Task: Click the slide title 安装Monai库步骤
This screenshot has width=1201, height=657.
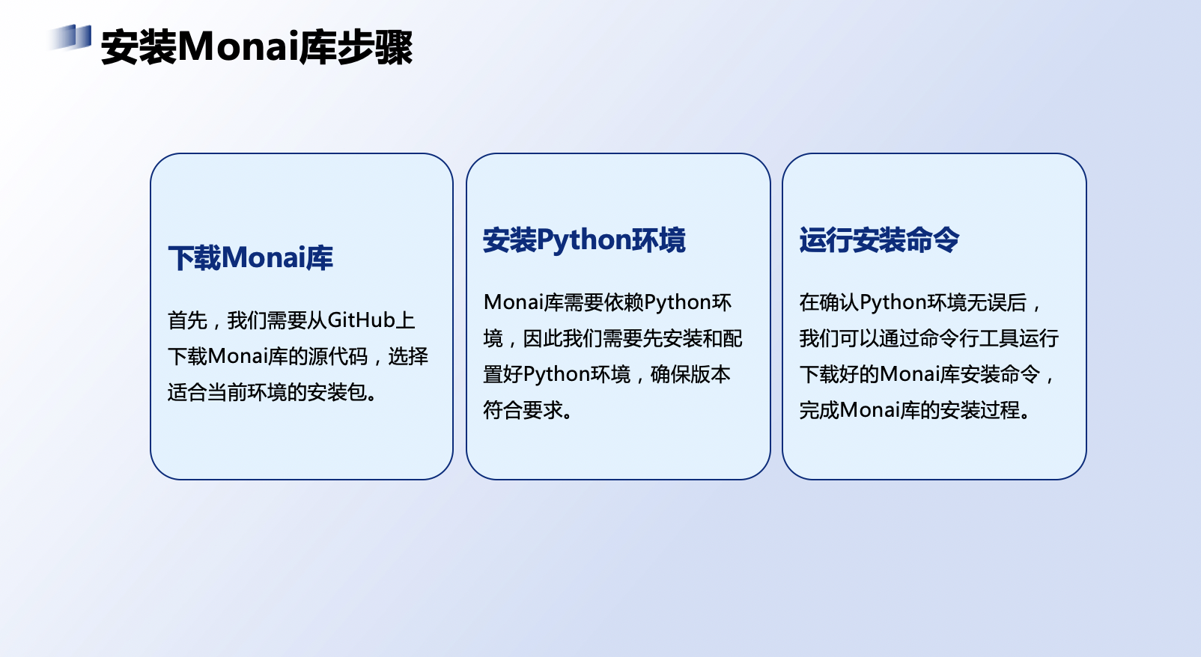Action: coord(257,47)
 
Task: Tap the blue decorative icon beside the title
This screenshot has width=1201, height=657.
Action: coord(71,37)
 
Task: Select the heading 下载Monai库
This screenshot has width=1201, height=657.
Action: coord(250,258)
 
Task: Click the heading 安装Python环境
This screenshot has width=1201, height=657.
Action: coord(583,240)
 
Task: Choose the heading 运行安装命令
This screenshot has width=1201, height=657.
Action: coord(878,240)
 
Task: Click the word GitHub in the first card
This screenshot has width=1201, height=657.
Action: coord(361,320)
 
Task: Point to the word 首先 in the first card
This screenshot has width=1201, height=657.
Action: coord(187,320)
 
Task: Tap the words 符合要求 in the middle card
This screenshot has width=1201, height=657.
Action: coord(523,410)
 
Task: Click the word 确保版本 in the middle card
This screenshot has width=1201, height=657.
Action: coord(690,374)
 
